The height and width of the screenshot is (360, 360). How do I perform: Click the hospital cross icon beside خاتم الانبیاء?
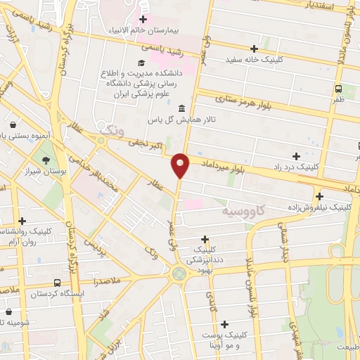(143, 19)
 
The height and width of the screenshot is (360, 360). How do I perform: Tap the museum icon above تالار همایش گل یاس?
(182, 108)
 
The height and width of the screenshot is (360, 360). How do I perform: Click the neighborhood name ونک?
(112, 129)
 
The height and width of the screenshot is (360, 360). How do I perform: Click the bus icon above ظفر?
(338, 89)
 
